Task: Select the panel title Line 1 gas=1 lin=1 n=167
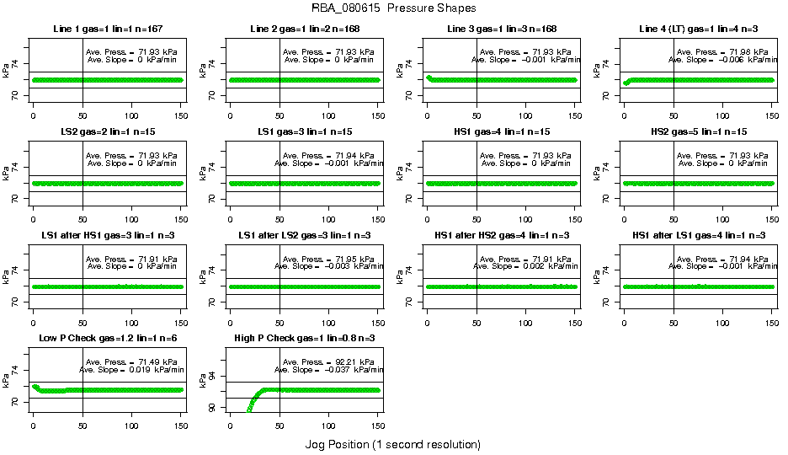click(107, 29)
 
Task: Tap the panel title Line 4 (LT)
click(698, 29)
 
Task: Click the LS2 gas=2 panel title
click(107, 132)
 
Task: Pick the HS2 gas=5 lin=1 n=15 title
click(698, 132)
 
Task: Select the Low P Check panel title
click(107, 339)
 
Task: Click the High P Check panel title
click(305, 339)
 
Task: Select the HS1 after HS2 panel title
click(501, 235)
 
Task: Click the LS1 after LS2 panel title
click(305, 235)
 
